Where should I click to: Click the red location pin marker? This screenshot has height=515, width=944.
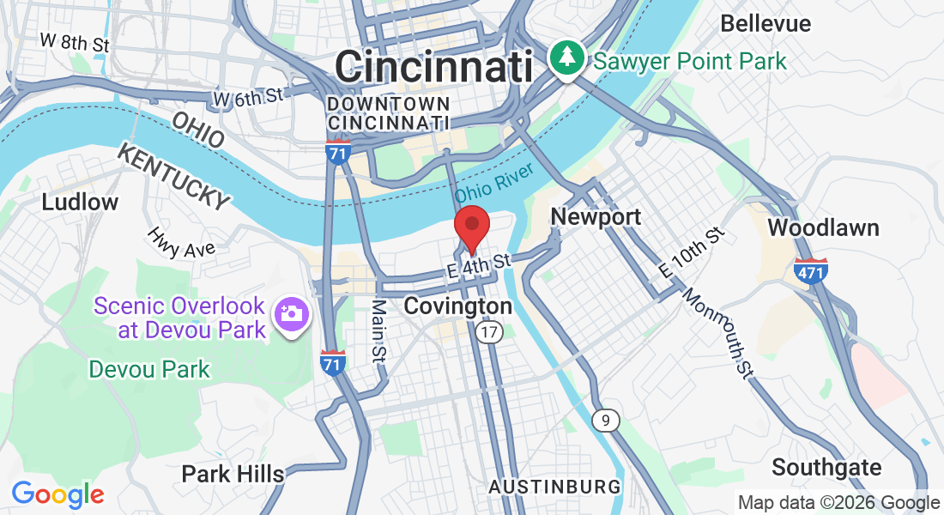click(x=471, y=226)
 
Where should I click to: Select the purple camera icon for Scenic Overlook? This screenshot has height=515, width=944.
click(x=292, y=314)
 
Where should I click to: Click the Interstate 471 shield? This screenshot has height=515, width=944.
click(x=810, y=270)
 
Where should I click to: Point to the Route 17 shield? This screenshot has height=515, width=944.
click(x=490, y=333)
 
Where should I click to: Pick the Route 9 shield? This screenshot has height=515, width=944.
click(x=606, y=420)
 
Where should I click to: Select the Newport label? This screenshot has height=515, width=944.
click(x=596, y=216)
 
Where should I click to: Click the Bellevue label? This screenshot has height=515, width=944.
click(x=765, y=23)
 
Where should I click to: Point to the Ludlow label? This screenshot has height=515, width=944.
click(x=80, y=203)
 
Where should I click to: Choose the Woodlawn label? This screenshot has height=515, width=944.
click(x=823, y=227)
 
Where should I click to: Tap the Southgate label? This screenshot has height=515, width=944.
click(x=826, y=468)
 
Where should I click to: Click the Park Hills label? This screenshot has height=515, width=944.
click(x=233, y=474)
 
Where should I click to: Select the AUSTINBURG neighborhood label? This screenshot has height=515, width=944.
click(x=554, y=488)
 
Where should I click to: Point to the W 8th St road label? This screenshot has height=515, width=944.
click(x=76, y=41)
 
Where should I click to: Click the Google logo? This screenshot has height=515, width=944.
click(x=57, y=494)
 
